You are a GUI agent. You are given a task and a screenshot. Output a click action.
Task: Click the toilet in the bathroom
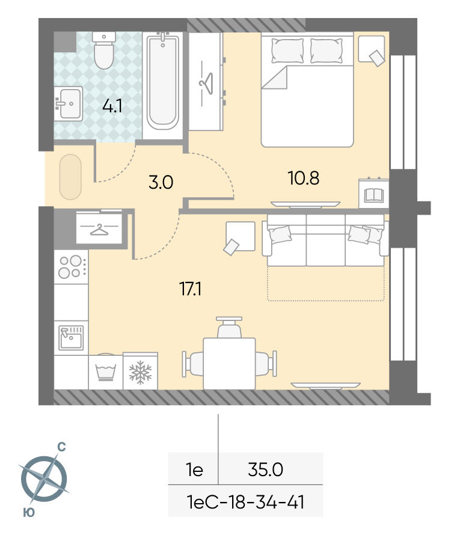(x=104, y=50)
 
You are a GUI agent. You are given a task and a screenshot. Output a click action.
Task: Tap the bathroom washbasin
(x=69, y=103)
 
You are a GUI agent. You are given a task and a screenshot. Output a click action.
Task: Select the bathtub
(x=163, y=81)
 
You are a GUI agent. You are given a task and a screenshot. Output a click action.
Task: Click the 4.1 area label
(x=112, y=106)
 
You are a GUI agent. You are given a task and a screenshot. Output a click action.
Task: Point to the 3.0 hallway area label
(x=161, y=182)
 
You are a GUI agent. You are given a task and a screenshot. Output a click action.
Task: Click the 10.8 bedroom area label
(x=304, y=178)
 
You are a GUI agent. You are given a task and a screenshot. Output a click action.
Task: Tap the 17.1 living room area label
(x=191, y=289)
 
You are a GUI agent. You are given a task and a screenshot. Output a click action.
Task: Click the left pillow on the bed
(x=287, y=51)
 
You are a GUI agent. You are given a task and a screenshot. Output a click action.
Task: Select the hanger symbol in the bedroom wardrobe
(x=206, y=83)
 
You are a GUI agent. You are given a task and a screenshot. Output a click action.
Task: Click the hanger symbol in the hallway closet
(x=99, y=229)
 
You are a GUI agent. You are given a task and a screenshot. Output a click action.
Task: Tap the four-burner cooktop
(x=72, y=267)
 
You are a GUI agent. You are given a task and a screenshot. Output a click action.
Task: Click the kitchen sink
(x=71, y=338)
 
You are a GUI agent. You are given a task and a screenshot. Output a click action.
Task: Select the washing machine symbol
(x=106, y=371)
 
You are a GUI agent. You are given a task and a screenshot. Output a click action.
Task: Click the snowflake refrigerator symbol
(x=140, y=371)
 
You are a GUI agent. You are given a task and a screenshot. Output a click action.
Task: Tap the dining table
(x=229, y=364)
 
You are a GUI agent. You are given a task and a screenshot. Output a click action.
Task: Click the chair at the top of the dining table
(x=229, y=327)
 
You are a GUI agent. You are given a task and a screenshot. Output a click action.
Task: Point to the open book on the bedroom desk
(x=374, y=195)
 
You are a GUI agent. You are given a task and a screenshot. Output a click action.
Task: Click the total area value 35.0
(x=266, y=469)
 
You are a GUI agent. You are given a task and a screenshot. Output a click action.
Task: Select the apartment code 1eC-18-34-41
(x=245, y=503)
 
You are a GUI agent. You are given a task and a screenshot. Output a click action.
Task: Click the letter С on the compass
(x=61, y=447)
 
